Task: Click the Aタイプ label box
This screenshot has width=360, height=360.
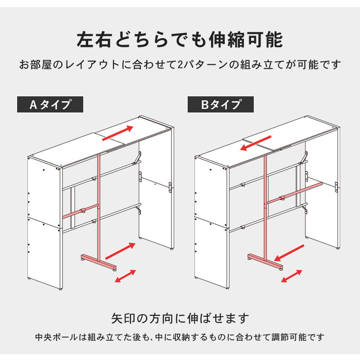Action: pyautogui.click(x=50, y=104)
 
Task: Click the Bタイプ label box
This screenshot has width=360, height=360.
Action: pyautogui.click(x=220, y=104)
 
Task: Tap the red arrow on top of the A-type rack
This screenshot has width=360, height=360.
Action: pyautogui.click(x=117, y=133)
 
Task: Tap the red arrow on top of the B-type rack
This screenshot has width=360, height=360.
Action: pyautogui.click(x=256, y=143)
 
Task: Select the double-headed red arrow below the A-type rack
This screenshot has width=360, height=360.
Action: pyautogui.click(x=126, y=276)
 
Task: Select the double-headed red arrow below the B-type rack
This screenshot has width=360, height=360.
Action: pyautogui.click(x=292, y=276)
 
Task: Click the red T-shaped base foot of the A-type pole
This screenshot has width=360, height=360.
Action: pyautogui.click(x=99, y=261)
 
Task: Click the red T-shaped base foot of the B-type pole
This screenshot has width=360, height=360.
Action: pyautogui.click(x=265, y=261)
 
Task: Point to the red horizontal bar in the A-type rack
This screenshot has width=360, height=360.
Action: pyautogui.click(x=81, y=211)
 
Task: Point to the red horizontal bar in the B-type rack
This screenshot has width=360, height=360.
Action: pyautogui.click(x=294, y=193)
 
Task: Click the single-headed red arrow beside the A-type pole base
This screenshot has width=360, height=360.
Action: pyautogui.click(x=120, y=251)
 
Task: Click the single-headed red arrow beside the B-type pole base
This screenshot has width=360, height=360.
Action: pyautogui.click(x=289, y=253)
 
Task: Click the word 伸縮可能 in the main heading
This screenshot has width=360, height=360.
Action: pyautogui.click(x=246, y=40)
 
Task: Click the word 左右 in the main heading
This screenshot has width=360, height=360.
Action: pyautogui.click(x=94, y=40)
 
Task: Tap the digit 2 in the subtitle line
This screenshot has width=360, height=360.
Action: pyautogui.click(x=180, y=65)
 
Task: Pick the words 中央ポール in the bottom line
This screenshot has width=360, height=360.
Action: pyautogui.click(x=57, y=337)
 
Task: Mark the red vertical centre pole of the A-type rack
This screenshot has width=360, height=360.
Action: pyautogui.click(x=99, y=207)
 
